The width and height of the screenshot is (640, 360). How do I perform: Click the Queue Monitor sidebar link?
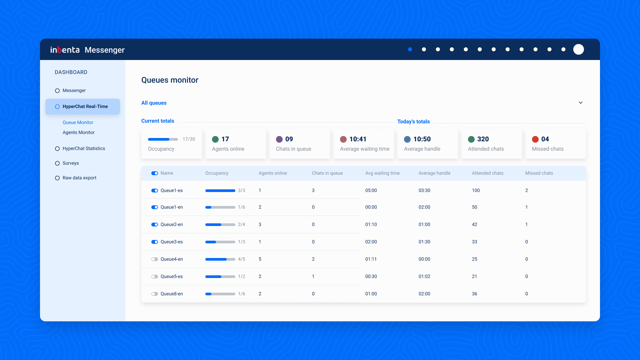point(78,122)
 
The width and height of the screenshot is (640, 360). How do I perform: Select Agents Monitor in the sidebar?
point(78,132)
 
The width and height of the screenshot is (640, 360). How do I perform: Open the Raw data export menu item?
point(79,178)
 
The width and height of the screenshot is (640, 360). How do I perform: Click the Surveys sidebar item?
point(71,163)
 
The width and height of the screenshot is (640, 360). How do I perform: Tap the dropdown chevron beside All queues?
point(580,103)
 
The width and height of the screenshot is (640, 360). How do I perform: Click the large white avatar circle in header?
point(578,49)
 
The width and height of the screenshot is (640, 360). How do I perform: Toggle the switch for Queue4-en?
point(154,259)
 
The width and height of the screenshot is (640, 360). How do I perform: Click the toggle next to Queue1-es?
point(154,190)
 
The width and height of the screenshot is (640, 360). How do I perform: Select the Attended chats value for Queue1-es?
point(476,190)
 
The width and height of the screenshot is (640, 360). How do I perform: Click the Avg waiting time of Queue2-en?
point(371,224)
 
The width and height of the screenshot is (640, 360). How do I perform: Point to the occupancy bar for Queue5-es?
point(220,276)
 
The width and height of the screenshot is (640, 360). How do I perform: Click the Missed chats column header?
point(539,173)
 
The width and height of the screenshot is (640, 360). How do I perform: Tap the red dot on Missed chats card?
point(535,139)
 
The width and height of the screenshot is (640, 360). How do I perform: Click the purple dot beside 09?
point(279,139)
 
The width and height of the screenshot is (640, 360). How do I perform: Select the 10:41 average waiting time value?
point(358,139)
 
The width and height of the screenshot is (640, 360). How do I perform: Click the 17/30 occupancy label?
point(189,139)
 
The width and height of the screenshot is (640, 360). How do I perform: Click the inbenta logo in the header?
point(65,50)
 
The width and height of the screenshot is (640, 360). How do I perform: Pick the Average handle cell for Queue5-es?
point(424,276)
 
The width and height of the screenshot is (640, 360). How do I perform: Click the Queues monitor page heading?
point(170,80)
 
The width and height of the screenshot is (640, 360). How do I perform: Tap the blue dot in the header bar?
point(410,49)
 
